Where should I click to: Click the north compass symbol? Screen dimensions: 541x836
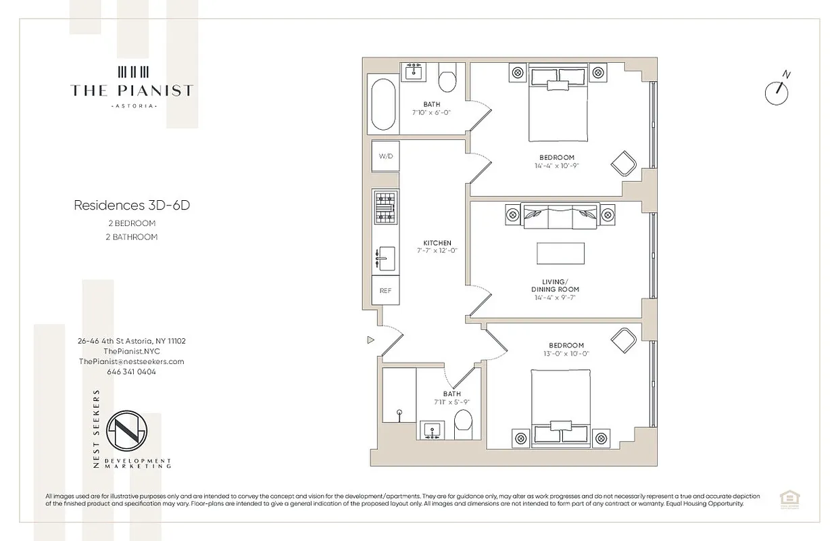pyautogui.click(x=777, y=92)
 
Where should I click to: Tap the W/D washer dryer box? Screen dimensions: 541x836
pyautogui.click(x=385, y=156)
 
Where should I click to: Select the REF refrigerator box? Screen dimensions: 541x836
pyautogui.click(x=385, y=290)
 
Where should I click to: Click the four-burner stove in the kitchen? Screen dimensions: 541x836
pyautogui.click(x=385, y=208)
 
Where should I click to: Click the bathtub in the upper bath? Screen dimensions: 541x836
pyautogui.click(x=383, y=105)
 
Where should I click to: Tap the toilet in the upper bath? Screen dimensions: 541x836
pyautogui.click(x=447, y=80)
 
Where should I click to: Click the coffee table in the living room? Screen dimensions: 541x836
pyautogui.click(x=560, y=253)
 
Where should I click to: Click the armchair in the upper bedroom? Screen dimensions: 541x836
pyautogui.click(x=623, y=163)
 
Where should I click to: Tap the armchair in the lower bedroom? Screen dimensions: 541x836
pyautogui.click(x=623, y=340)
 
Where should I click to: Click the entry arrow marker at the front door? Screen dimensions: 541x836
pyautogui.click(x=370, y=340)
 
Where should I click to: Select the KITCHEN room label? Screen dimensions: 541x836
pyautogui.click(x=437, y=243)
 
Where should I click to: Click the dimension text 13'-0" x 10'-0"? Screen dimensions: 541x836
pyautogui.click(x=566, y=354)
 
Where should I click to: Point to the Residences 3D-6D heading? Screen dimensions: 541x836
pyautogui.click(x=132, y=206)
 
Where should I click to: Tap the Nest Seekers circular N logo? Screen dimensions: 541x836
pyautogui.click(x=126, y=430)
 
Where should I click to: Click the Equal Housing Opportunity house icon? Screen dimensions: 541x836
pyautogui.click(x=787, y=499)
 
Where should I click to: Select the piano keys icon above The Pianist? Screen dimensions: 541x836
pyautogui.click(x=132, y=72)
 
